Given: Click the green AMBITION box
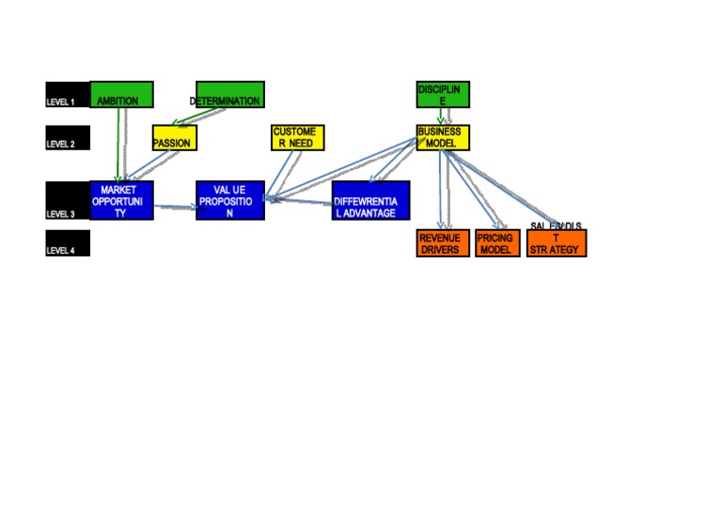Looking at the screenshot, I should click(x=121, y=95).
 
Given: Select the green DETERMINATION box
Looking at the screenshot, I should click(x=228, y=95).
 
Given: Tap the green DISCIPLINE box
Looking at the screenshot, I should click(x=443, y=95).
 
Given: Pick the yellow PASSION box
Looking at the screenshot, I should click(x=174, y=138).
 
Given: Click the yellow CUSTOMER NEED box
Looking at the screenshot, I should click(x=297, y=137).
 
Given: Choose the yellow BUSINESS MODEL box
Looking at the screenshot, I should click(x=443, y=137).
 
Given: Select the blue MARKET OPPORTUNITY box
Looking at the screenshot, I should click(x=120, y=201).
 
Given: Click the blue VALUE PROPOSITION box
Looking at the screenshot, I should click(x=229, y=201).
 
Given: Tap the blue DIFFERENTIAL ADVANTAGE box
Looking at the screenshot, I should click(x=370, y=201).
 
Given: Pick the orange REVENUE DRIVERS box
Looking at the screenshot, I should click(x=442, y=243).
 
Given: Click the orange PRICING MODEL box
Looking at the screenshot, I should click(x=496, y=243).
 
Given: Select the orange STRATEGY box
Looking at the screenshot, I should click(x=557, y=243).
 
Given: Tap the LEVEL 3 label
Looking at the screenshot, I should click(x=67, y=201).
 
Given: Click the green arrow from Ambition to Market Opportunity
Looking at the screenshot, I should click(x=119, y=141).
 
